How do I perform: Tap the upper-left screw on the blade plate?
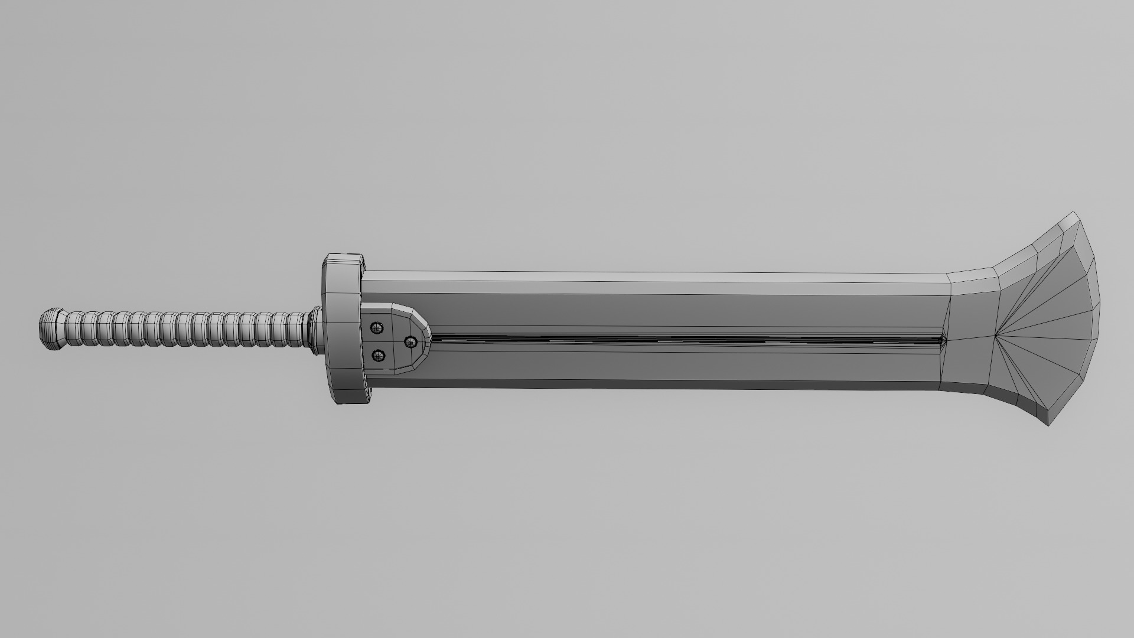point(376,328)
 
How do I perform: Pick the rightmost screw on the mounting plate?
point(410,341)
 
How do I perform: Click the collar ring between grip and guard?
point(313,333)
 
